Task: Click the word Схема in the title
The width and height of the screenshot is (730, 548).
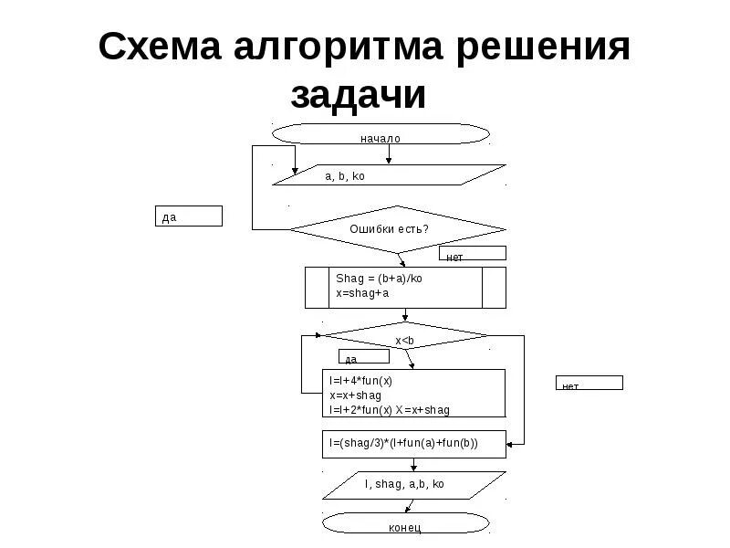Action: [166, 47]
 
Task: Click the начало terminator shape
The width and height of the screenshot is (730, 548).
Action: [381, 134]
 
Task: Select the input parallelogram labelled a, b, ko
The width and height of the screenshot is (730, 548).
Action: [390, 175]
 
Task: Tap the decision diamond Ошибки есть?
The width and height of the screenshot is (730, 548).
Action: [396, 228]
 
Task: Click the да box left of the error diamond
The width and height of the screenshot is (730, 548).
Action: [188, 216]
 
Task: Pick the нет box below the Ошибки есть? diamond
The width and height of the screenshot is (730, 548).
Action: [472, 254]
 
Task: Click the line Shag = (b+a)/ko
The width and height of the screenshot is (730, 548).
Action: [379, 279]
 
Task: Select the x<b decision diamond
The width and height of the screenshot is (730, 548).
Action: [405, 337]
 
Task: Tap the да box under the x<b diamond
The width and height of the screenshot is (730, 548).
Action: [365, 358]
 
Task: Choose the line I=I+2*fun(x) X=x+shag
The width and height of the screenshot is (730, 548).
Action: [390, 410]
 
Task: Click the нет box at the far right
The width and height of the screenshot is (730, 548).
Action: [589, 383]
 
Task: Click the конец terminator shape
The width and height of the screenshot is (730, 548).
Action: [404, 524]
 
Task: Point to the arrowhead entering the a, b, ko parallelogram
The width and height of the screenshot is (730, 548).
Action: [294, 171]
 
